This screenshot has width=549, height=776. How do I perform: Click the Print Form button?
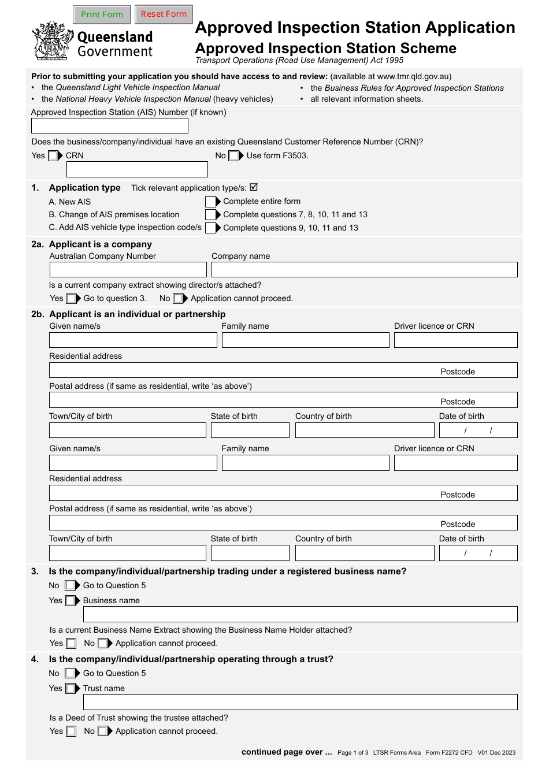(x=102, y=14)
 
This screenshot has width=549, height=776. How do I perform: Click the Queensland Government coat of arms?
(x=52, y=41)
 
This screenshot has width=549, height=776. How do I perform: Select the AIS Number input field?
(x=110, y=126)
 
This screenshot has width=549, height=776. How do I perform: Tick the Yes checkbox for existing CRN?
(x=53, y=155)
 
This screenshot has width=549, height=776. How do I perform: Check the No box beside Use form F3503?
(x=233, y=155)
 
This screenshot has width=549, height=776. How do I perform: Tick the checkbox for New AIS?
(x=210, y=202)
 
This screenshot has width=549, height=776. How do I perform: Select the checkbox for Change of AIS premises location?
(x=210, y=215)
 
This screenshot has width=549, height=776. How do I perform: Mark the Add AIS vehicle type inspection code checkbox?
(x=210, y=228)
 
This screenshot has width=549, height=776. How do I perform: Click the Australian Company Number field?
(x=128, y=270)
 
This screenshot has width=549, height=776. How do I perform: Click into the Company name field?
(x=364, y=270)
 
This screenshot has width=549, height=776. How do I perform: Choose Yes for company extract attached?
(x=71, y=299)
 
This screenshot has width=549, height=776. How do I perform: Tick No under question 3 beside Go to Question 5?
(x=70, y=585)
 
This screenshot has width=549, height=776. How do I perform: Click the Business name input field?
(x=300, y=614)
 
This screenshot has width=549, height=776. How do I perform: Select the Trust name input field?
(x=300, y=702)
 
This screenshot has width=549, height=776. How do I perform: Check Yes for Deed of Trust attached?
(x=71, y=732)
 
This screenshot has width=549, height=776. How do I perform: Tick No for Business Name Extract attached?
(x=102, y=643)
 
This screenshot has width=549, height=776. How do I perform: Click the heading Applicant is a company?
(x=101, y=244)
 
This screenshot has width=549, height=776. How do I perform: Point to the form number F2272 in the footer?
(x=449, y=752)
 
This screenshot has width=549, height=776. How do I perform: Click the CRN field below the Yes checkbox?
(x=137, y=169)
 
